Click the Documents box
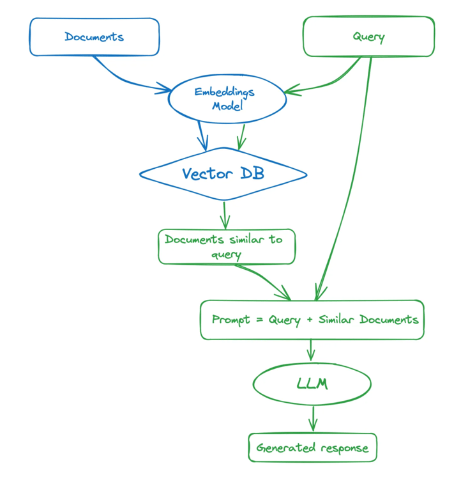tap(94, 36)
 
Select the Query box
tap(368, 36)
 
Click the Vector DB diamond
tap(223, 174)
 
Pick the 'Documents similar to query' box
tap(227, 247)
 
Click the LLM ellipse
tap(312, 384)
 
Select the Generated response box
tap(312, 448)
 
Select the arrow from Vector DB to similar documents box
tap(224, 215)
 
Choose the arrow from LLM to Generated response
tap(312, 418)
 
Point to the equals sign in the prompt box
tap(259, 319)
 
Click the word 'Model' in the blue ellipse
tap(227, 107)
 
